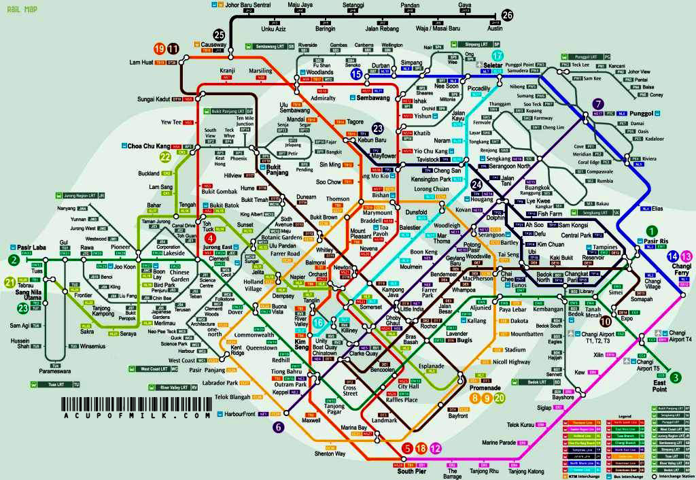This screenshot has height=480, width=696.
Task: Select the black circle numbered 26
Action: pos(508,16)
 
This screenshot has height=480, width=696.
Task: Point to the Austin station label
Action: pos(495,29)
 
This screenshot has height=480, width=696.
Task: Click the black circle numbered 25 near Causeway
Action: pos(219,35)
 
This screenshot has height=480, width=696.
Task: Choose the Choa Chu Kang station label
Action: pos(148,146)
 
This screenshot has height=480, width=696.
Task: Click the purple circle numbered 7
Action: pos(598,104)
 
